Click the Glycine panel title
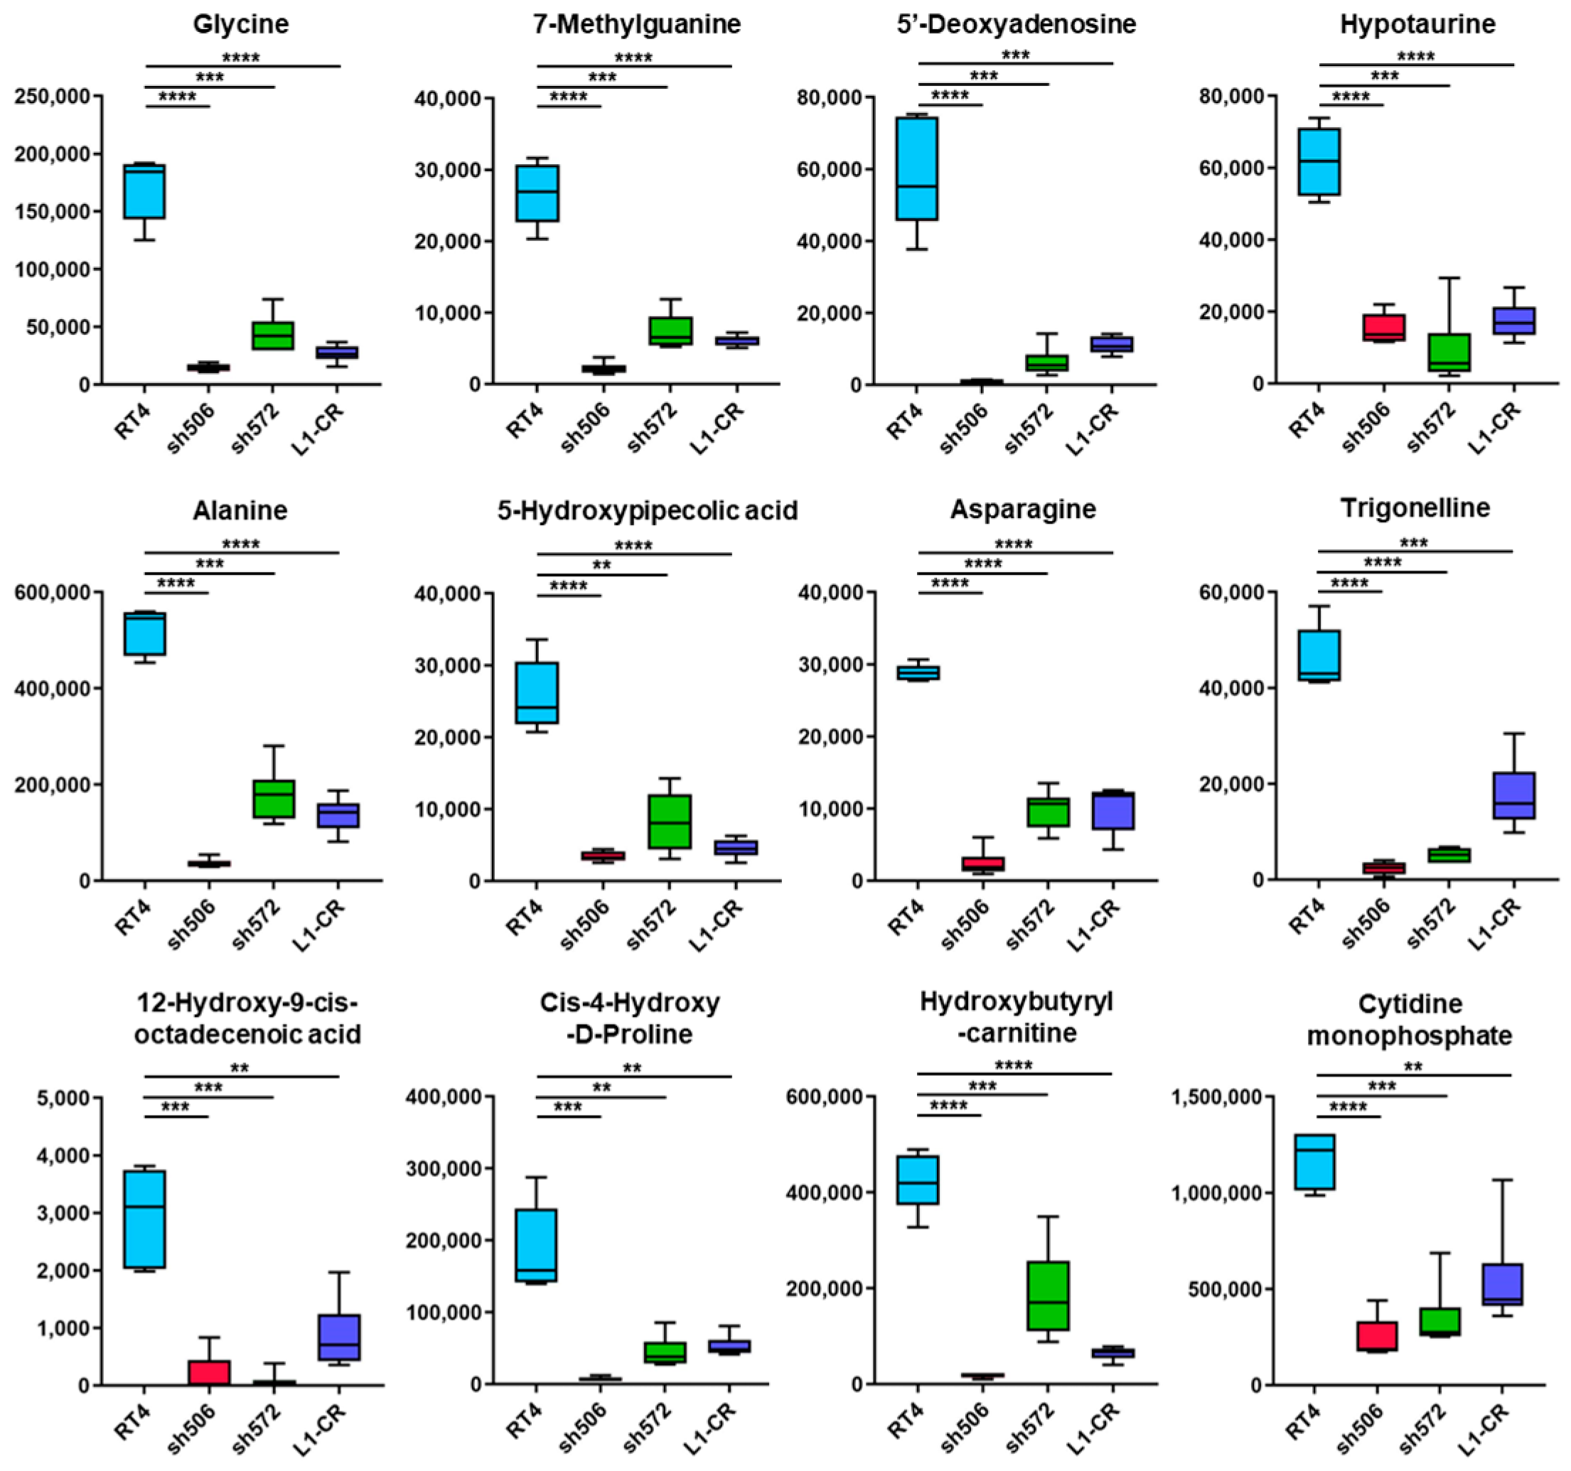[x=240, y=23]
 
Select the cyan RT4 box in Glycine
[x=144, y=191]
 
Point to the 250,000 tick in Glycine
[x=54, y=97]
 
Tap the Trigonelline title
[x=1415, y=508]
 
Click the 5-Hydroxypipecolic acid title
[x=646, y=510]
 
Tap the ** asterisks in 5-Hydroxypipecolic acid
[x=601, y=566]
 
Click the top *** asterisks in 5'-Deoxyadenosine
[x=1015, y=55]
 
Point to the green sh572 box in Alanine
[x=274, y=799]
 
